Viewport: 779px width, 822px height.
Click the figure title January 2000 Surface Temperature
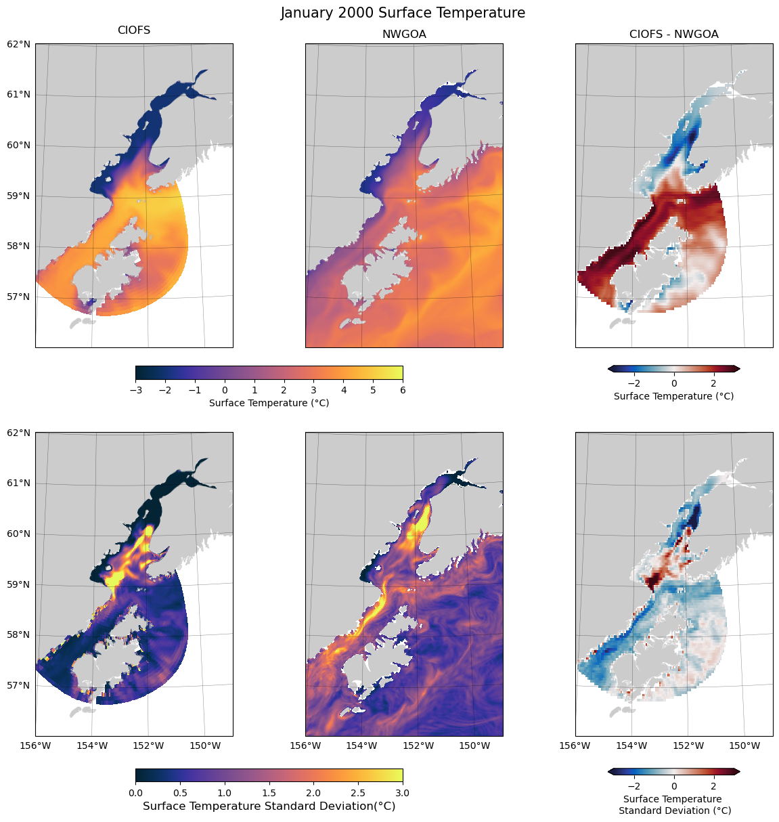point(403,13)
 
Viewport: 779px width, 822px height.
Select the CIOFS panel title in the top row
point(134,30)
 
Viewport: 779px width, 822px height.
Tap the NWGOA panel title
point(404,34)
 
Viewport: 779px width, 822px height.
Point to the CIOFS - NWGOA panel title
point(673,34)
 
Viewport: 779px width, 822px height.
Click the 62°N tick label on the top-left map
point(19,44)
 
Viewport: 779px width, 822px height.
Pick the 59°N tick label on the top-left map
point(19,196)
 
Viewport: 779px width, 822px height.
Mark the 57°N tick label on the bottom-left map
point(19,685)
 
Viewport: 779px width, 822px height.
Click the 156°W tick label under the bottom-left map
point(35,745)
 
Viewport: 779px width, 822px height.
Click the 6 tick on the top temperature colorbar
point(403,389)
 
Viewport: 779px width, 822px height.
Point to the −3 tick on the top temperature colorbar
point(135,389)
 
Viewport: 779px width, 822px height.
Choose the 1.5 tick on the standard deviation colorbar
point(269,792)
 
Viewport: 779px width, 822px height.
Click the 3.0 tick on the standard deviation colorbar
point(403,792)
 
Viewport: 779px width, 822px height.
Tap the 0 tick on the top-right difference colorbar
point(674,383)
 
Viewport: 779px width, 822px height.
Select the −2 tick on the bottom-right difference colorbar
point(634,785)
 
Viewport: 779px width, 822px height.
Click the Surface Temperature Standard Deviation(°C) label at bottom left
point(269,806)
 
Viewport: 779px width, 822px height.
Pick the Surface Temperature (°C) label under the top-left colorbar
point(269,403)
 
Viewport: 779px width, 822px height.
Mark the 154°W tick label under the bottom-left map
point(92,745)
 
